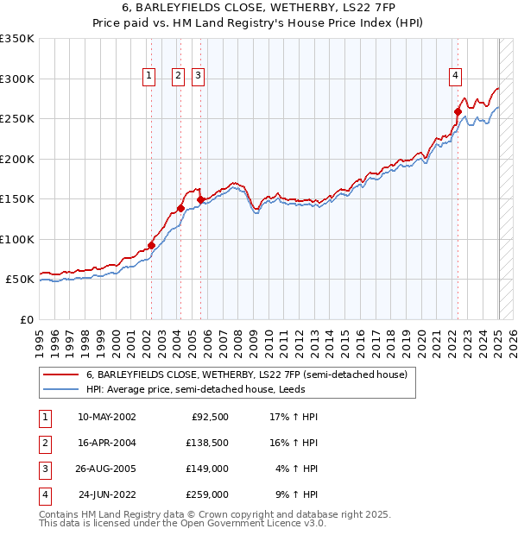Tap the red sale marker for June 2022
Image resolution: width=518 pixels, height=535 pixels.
[458, 111]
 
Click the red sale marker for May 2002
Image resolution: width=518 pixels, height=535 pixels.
[151, 245]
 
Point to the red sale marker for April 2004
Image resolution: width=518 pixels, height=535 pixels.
[180, 208]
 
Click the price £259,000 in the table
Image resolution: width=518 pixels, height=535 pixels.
[207, 495]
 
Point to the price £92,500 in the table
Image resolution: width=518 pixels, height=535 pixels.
[210, 417]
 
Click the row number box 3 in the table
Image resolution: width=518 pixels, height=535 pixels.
[44, 471]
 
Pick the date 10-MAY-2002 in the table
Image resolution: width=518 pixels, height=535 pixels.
[106, 417]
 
